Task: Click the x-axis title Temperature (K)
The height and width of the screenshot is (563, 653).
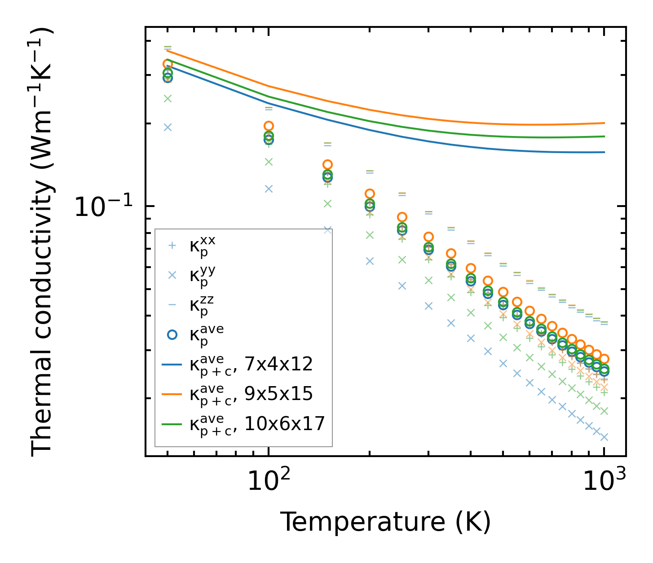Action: tap(385, 522)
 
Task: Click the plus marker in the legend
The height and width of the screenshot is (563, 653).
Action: tap(171, 246)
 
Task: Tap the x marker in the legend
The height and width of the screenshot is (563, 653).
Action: tap(171, 275)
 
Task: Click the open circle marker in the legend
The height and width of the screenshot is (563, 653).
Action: tap(171, 334)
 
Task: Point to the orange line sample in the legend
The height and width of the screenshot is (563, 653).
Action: tap(171, 394)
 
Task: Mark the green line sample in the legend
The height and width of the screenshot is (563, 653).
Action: tap(171, 423)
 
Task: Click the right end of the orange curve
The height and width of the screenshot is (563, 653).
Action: tap(604, 123)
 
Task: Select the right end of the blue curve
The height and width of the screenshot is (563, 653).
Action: tap(604, 152)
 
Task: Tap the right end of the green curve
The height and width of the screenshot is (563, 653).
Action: tap(604, 136)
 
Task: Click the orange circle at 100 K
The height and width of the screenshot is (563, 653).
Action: tap(269, 126)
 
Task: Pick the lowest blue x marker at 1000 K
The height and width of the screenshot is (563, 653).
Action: tap(604, 437)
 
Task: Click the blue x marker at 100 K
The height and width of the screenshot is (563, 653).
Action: tap(269, 189)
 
